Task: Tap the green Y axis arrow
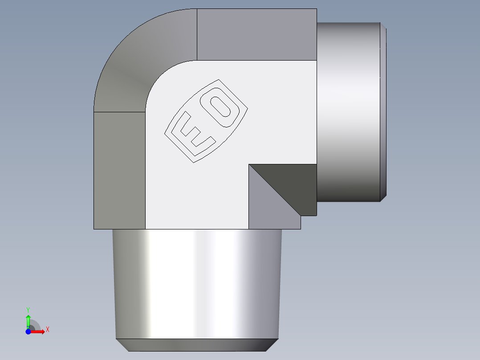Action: click(x=28, y=320)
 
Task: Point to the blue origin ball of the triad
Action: click(x=28, y=332)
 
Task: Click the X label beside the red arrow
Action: click(x=47, y=330)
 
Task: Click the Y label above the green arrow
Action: click(x=28, y=309)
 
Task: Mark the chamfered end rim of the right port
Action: click(x=383, y=111)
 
